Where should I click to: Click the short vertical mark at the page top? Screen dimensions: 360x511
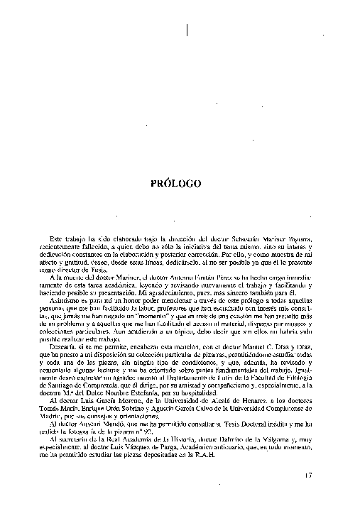point(186,31)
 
